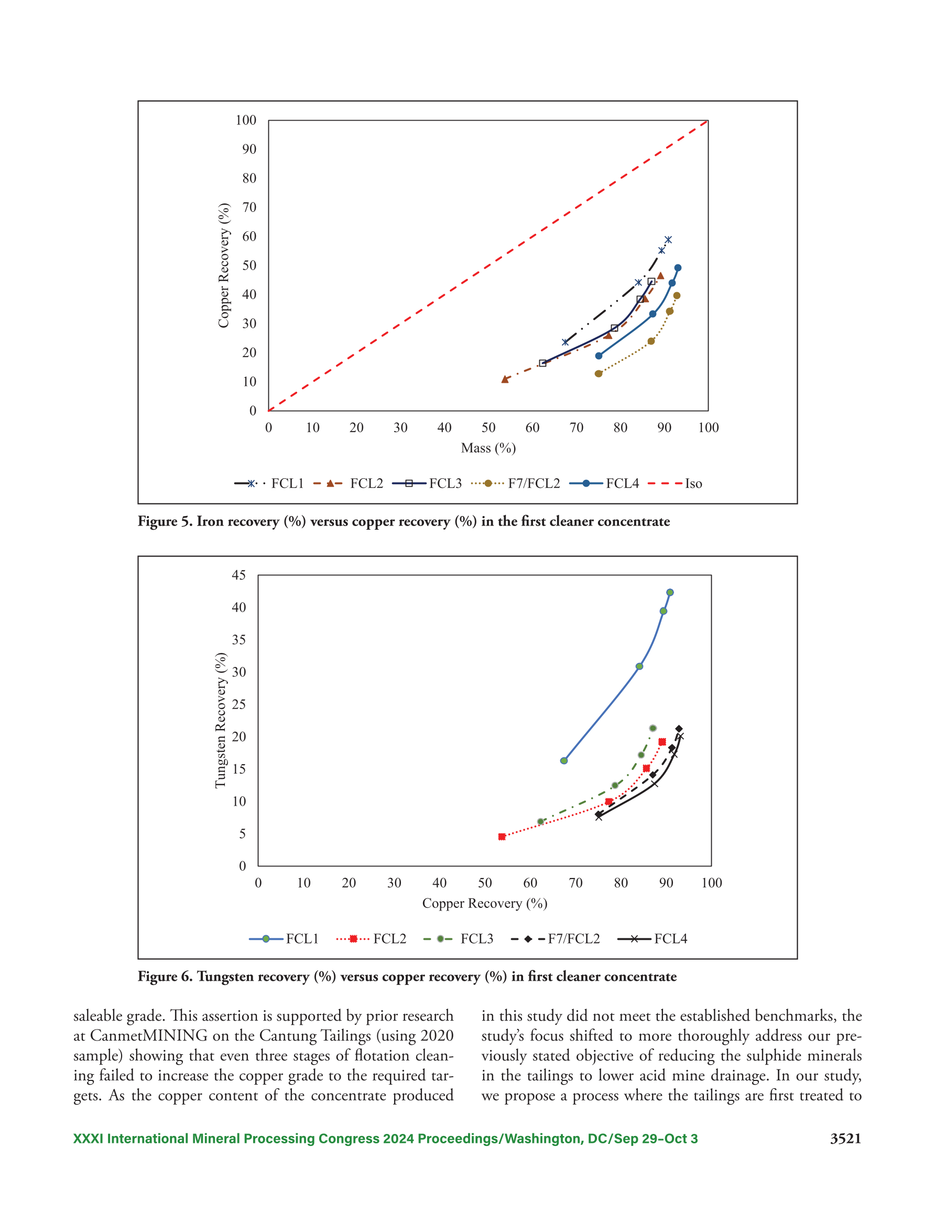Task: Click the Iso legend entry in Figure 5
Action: point(675,484)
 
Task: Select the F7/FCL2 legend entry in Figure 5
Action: point(515,484)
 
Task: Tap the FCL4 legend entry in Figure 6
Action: point(653,939)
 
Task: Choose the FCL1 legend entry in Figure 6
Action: point(284,939)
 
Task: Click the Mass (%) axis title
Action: point(488,448)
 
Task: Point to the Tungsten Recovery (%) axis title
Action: point(221,720)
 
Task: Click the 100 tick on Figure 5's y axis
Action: point(245,120)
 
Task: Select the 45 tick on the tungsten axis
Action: point(239,575)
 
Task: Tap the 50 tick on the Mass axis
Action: point(488,427)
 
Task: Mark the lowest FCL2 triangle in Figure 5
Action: point(505,379)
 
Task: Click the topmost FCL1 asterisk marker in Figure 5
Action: point(668,240)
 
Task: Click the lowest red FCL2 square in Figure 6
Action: point(502,837)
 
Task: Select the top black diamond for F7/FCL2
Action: point(679,729)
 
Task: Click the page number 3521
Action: point(845,1139)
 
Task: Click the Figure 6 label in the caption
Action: point(165,977)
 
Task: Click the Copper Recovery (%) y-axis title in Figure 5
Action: point(224,265)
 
